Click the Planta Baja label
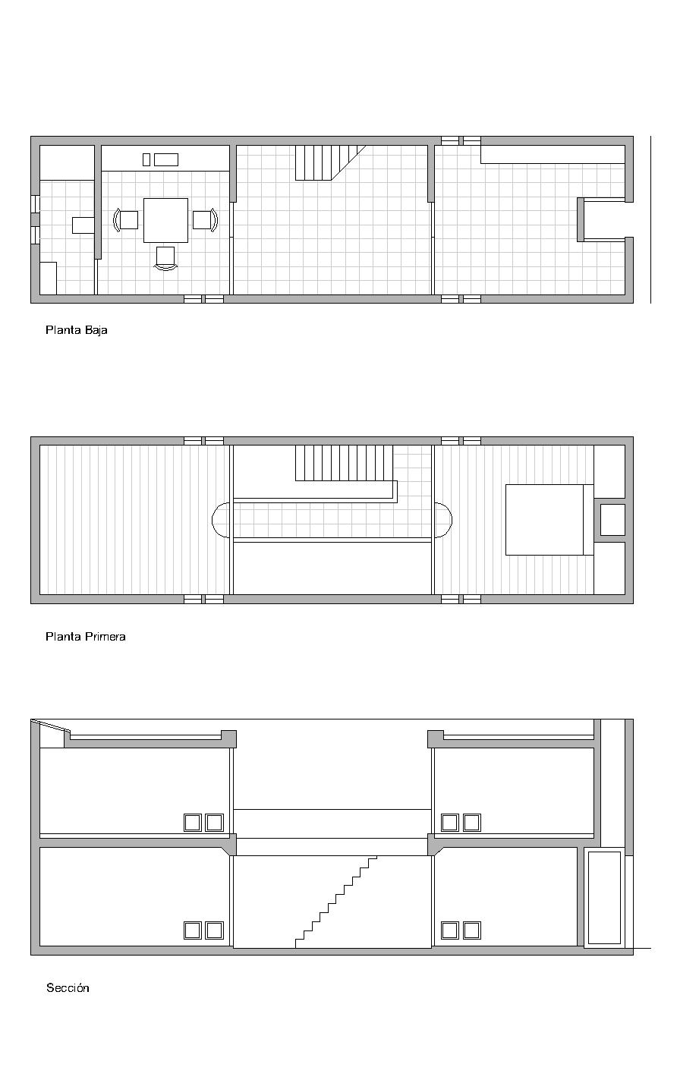pyautogui.click(x=76, y=330)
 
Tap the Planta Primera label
pyautogui.click(x=85, y=637)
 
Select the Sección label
pyautogui.click(x=68, y=988)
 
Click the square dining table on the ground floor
pyautogui.click(x=165, y=220)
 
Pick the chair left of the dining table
pyautogui.click(x=128, y=220)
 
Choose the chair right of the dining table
pyautogui.click(x=203, y=220)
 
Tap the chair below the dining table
pyautogui.click(x=165, y=257)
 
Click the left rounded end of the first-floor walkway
pyautogui.click(x=220, y=520)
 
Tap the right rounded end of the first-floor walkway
pyautogui.click(x=442, y=520)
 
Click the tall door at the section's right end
pyautogui.click(x=604, y=897)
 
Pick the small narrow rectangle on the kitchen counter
pyautogui.click(x=146, y=159)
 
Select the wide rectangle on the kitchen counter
pyautogui.click(x=166, y=159)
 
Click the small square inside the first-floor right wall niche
pyautogui.click(x=612, y=520)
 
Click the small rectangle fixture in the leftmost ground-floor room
pyautogui.click(x=83, y=225)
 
